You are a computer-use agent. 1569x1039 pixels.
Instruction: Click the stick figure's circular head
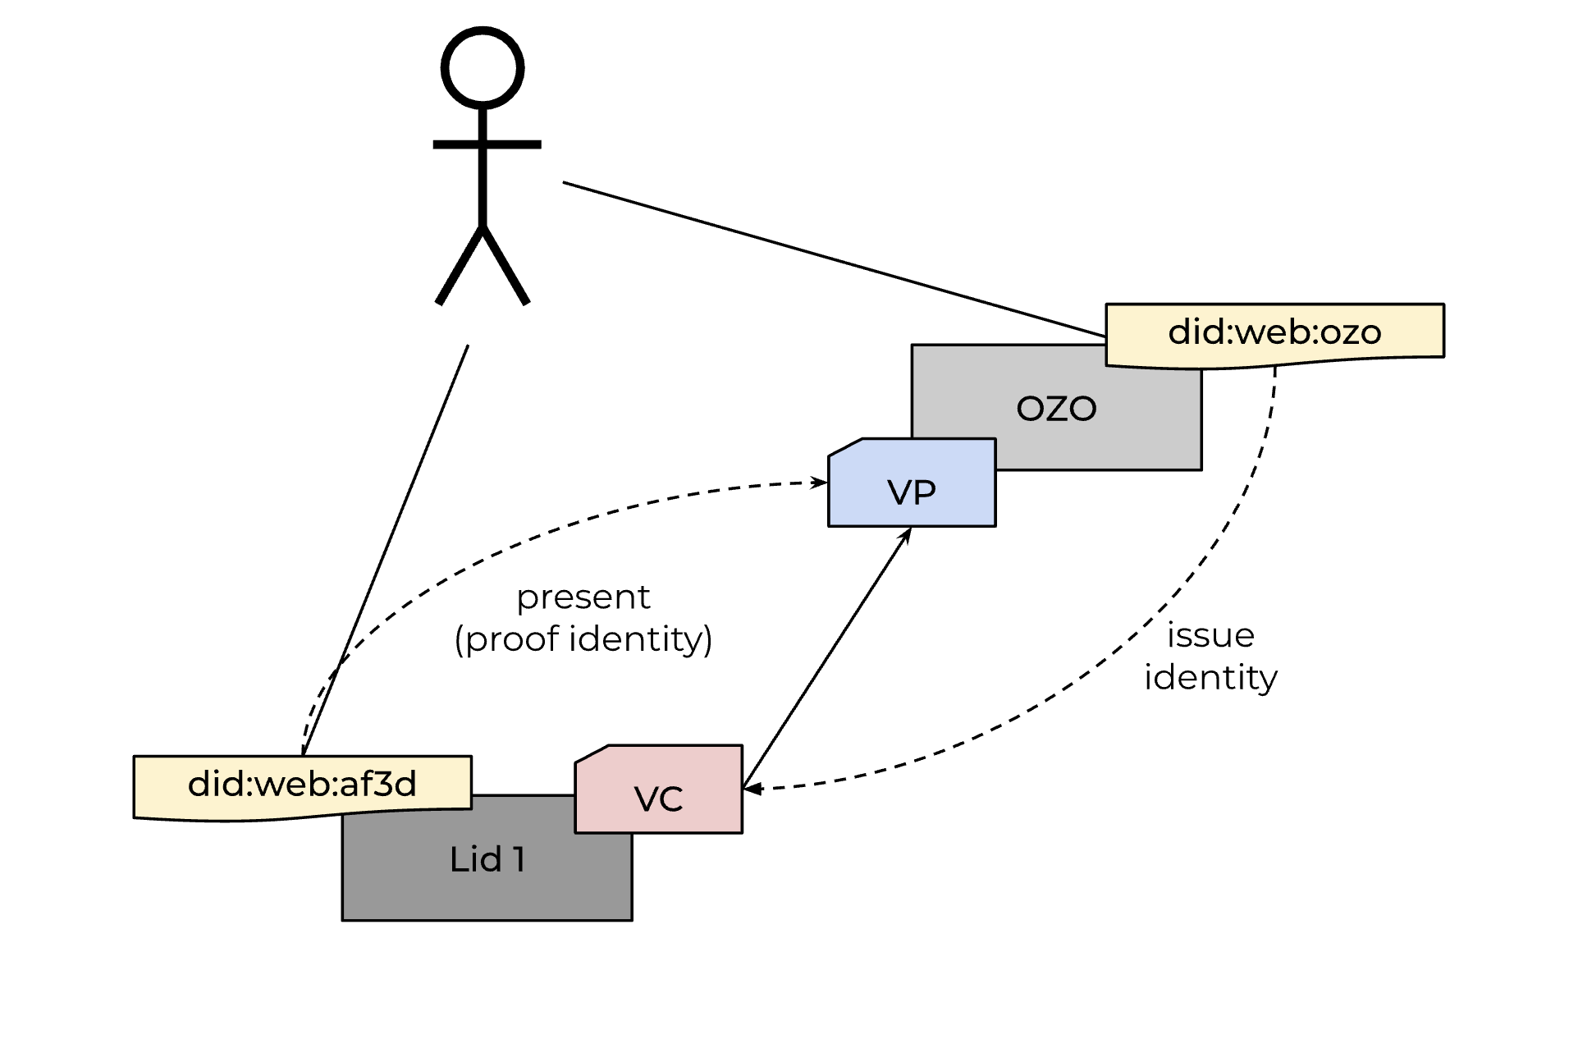click(483, 67)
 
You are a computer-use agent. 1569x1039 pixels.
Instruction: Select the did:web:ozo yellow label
click(1274, 332)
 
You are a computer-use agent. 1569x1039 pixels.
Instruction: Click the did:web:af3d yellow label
click(302, 785)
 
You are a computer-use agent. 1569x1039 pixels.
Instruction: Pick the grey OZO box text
click(1056, 408)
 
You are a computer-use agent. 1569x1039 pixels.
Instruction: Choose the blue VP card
click(912, 491)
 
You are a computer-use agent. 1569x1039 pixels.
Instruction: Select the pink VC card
click(659, 796)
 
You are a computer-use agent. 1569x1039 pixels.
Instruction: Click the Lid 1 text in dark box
click(487, 859)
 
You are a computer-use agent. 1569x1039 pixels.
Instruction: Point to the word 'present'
click(583, 597)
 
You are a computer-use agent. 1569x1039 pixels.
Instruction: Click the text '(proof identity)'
click(583, 639)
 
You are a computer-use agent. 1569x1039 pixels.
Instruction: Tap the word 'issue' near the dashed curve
click(1210, 635)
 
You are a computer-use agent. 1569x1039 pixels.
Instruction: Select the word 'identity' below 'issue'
click(1210, 678)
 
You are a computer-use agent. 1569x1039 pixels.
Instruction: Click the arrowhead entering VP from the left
click(820, 483)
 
